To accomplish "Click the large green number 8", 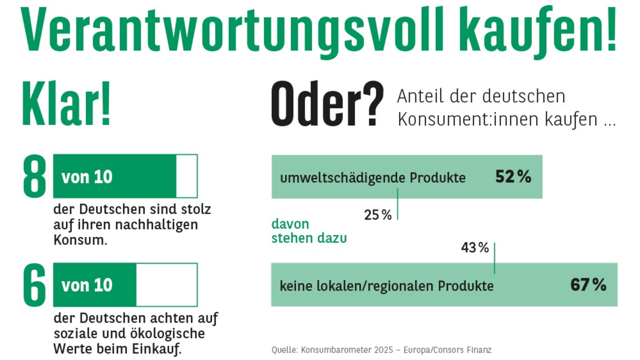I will pos(35,176).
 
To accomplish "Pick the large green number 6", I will pos(35,285).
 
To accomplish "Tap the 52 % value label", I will pos(513,177).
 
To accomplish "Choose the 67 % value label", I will pos(588,285).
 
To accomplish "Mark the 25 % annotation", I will pos(378,215).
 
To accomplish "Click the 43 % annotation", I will pos(475,248).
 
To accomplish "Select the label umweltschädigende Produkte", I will pos(373,178).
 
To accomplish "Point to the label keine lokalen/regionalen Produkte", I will pos(387,286).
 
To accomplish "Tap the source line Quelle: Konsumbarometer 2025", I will pos(381,350).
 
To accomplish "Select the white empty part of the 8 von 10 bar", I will pos(187,176).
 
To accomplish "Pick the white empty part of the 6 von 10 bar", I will pos(166,285).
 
